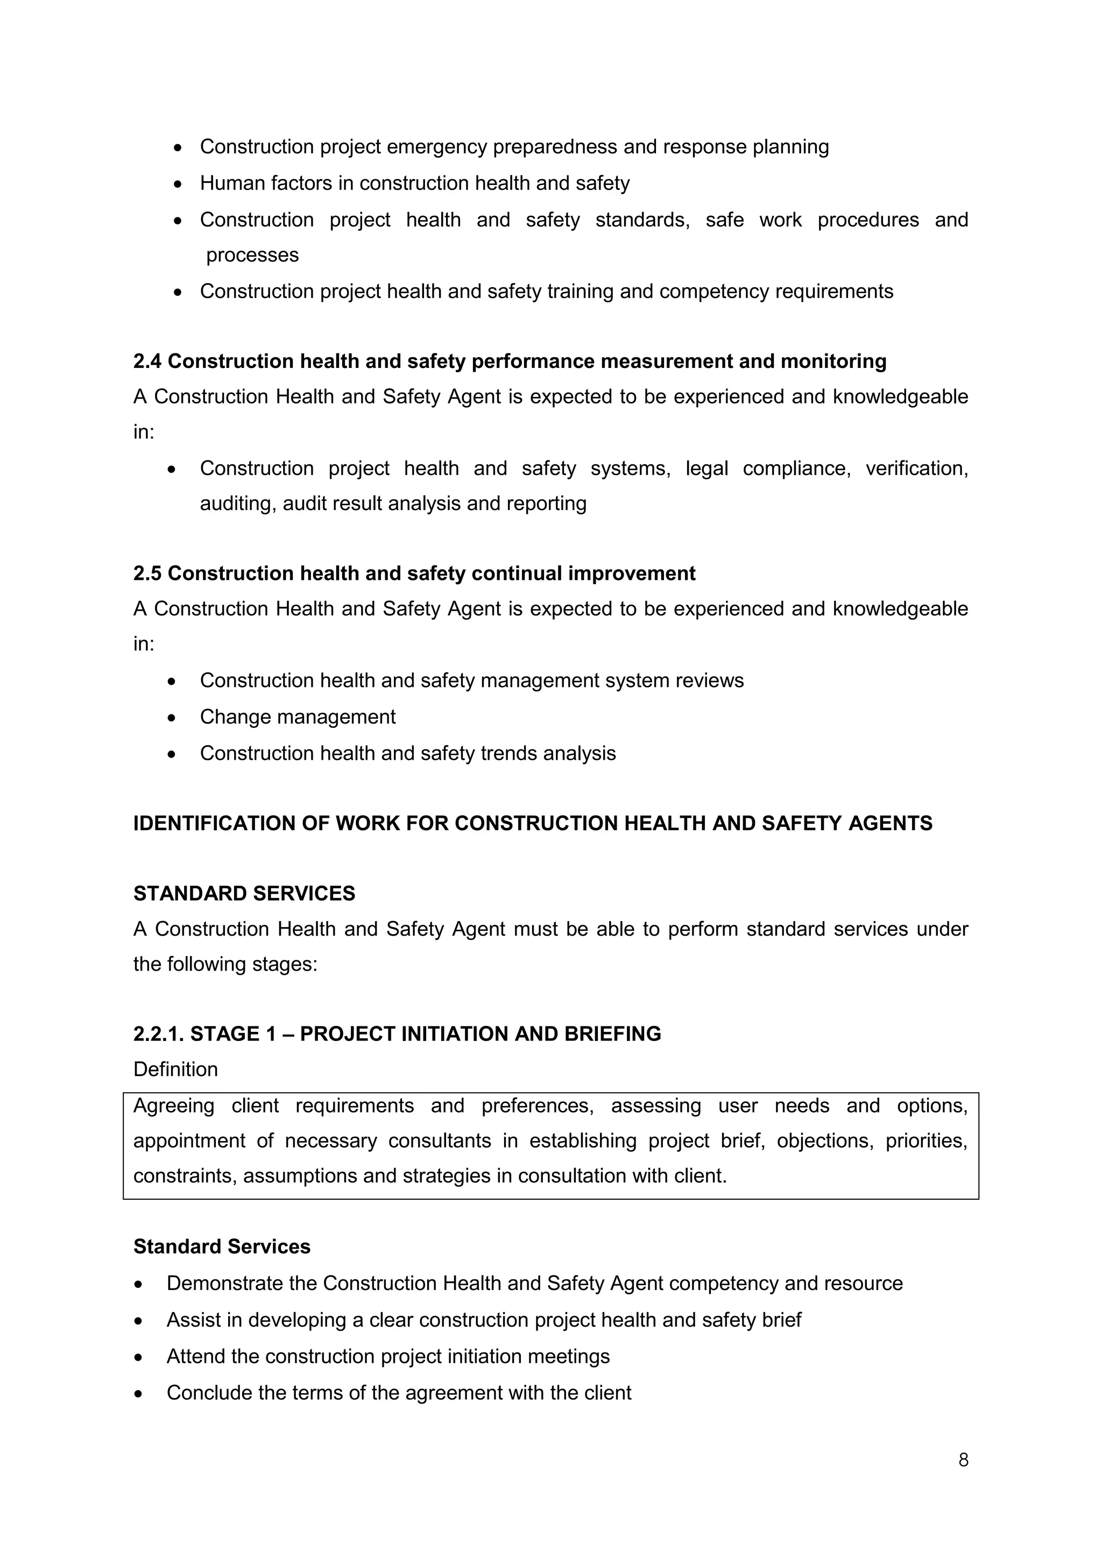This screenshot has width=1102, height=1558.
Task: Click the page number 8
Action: click(x=963, y=1460)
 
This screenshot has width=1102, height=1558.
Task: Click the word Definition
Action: click(x=175, y=1070)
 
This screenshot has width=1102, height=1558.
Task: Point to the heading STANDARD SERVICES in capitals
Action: click(x=244, y=894)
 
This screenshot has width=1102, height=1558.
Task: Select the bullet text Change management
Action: click(x=297, y=717)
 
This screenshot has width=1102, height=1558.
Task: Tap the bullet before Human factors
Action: click(x=178, y=184)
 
